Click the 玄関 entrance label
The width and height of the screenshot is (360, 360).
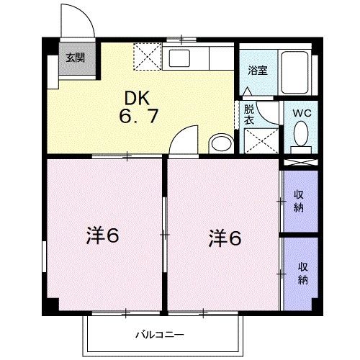[x=74, y=58]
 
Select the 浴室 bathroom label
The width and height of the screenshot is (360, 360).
[x=257, y=70]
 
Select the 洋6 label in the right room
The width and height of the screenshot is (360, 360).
[x=224, y=236]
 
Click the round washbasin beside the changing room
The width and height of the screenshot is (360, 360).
[x=220, y=143]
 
